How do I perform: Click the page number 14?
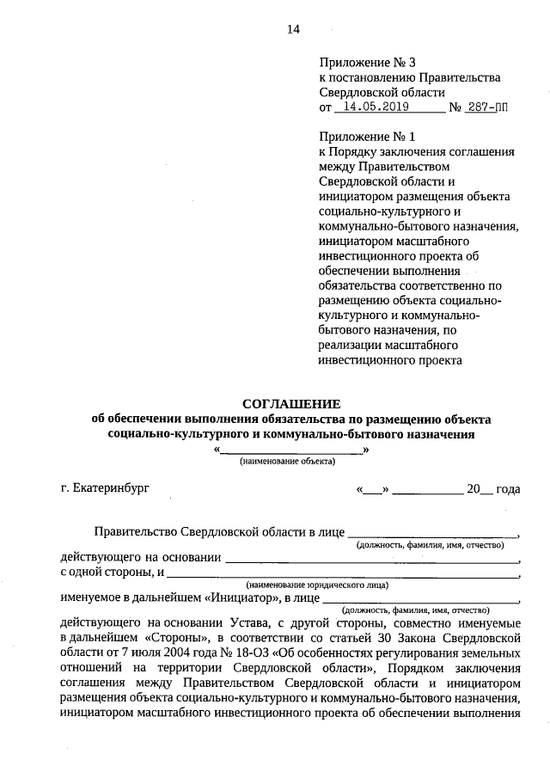click(x=293, y=29)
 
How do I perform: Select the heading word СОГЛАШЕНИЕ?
click(x=291, y=403)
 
